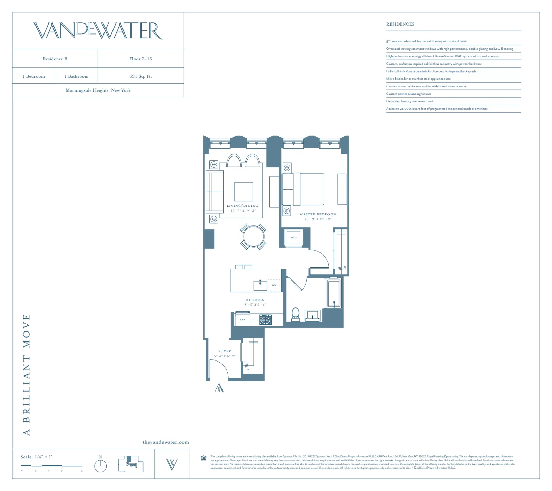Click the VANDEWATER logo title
[x=98, y=31]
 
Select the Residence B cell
[x=55, y=59]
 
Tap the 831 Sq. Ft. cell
[x=140, y=76]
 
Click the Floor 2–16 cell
[x=140, y=59]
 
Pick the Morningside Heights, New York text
[x=98, y=90]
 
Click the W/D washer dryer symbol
[x=294, y=238]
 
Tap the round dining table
[x=253, y=237]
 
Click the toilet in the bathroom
[x=296, y=314]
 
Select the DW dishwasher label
[x=274, y=285]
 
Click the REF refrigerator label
[x=243, y=320]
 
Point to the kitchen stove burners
[x=265, y=320]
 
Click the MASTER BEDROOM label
[x=318, y=214]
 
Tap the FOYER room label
[x=225, y=351]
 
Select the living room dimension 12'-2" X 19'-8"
[x=243, y=211]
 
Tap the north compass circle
[x=100, y=466]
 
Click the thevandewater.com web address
[x=166, y=442]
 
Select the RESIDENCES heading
[x=400, y=24]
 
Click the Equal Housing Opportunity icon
[x=204, y=459]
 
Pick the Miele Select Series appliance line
[x=418, y=79]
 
